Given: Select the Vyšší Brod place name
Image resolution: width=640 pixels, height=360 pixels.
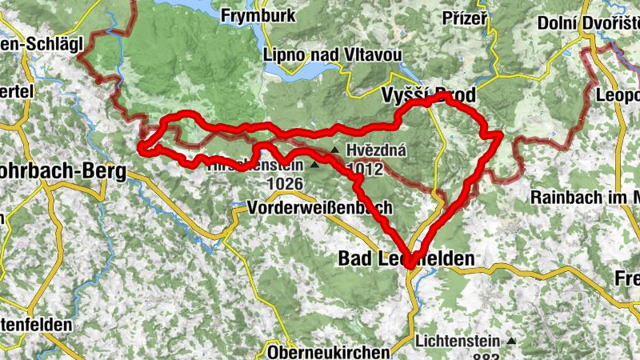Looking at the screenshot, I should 427,95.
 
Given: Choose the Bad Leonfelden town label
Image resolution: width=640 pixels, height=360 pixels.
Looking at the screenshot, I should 406,258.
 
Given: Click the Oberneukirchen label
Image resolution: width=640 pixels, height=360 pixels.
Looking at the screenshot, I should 328,351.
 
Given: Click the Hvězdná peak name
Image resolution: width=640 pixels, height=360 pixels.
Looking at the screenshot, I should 377,150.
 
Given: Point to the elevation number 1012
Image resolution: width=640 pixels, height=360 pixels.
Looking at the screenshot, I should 366,169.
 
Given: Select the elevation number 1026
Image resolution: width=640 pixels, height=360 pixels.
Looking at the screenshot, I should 286,183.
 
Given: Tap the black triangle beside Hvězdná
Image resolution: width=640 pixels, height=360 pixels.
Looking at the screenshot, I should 334,150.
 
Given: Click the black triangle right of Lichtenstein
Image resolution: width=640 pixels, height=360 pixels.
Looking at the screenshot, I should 510,340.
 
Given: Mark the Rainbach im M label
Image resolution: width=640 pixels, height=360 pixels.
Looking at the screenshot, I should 585,198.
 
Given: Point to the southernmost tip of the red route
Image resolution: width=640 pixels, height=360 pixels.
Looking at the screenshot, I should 408,265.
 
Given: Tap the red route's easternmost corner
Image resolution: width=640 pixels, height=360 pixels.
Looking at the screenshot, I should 500,135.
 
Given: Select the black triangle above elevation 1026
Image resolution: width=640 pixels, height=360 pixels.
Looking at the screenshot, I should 314,165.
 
